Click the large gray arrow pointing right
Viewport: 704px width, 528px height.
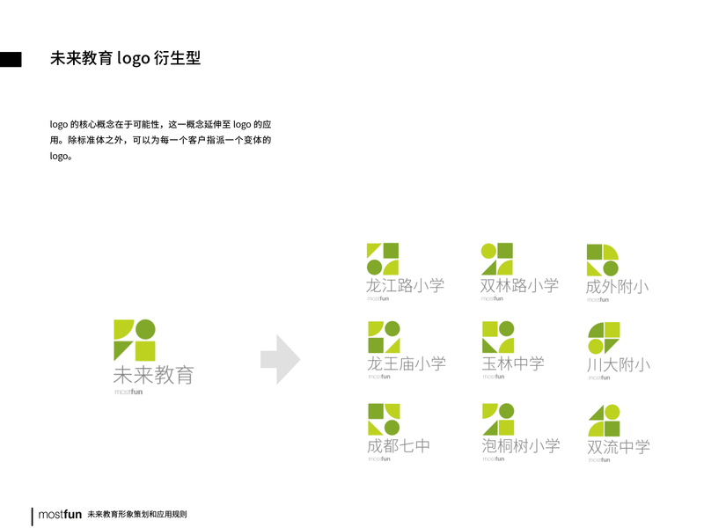point(280,359)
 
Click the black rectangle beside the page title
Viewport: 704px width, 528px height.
point(11,59)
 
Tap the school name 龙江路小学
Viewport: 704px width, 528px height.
point(406,285)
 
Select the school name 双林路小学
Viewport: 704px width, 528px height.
point(519,285)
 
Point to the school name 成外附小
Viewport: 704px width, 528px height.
point(618,286)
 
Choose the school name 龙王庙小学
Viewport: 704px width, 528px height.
point(406,363)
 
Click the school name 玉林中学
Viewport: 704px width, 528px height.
point(513,363)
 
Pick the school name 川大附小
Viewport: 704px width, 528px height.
point(618,364)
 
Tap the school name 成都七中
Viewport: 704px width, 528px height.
point(399,445)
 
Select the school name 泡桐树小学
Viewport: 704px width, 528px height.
point(521,445)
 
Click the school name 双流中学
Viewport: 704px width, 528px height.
point(619,446)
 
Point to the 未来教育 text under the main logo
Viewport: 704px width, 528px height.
point(153,374)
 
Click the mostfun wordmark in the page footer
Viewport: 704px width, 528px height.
point(60,514)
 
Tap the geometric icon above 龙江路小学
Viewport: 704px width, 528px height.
point(383,259)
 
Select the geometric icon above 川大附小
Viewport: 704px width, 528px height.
point(604,337)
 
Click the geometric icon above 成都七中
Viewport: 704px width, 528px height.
point(384,419)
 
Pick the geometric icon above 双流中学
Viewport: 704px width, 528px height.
point(604,420)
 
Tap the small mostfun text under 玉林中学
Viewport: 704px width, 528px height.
point(493,377)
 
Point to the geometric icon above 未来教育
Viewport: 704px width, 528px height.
point(135,340)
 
